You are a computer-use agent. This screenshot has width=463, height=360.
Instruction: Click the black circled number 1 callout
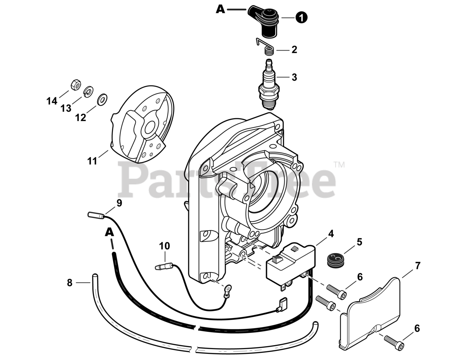click(301, 17)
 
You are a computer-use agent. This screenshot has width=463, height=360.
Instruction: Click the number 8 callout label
click(70, 282)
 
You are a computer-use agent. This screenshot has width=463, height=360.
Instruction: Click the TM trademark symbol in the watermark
click(339, 165)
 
